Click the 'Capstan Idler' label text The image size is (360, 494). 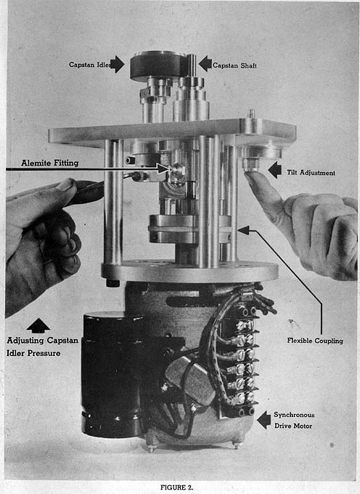click(90, 65)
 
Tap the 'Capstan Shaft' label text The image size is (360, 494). click(234, 65)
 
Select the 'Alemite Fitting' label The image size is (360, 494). click(50, 163)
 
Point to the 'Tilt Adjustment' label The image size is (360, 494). click(311, 173)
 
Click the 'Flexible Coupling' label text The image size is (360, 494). click(315, 341)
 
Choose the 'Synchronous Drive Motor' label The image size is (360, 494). click(294, 421)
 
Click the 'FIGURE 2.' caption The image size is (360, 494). click(176, 487)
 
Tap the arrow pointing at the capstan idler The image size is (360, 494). click(118, 64)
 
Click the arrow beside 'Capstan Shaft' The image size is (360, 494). click(205, 64)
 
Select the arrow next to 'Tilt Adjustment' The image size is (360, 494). click(275, 170)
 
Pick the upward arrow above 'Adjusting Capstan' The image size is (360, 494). click(38, 325)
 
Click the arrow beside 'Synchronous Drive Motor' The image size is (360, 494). click(263, 420)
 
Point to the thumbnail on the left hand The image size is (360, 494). click(65, 185)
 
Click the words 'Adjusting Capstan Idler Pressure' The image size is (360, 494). click(43, 347)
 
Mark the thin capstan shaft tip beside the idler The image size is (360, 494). click(192, 65)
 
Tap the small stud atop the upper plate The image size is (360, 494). click(251, 113)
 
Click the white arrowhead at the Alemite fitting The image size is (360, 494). click(163, 169)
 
